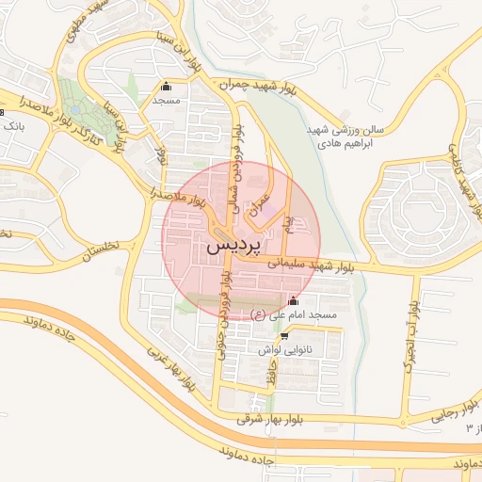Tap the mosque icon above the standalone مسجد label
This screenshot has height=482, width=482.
(x=167, y=87)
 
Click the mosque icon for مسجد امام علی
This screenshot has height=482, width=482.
(x=293, y=301)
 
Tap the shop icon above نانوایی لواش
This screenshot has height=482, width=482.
(x=284, y=335)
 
